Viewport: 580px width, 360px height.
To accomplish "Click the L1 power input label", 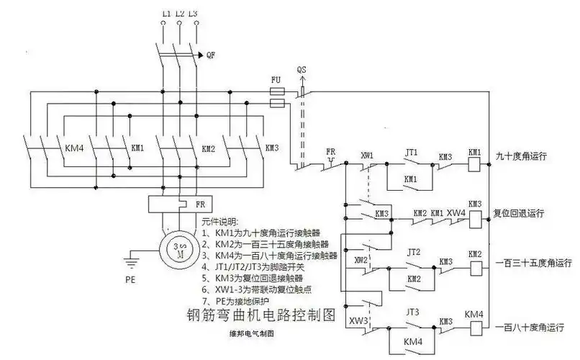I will pyautogui.click(x=166, y=14).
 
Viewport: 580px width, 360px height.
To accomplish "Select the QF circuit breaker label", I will pyautogui.click(x=210, y=55).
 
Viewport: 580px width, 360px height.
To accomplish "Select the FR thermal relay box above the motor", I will pyautogui.click(x=176, y=205).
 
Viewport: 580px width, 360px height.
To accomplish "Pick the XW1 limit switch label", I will pyautogui.click(x=368, y=154).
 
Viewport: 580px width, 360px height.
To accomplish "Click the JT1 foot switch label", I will pyautogui.click(x=412, y=153).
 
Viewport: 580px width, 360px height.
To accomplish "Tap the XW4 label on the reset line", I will pyautogui.click(x=456, y=213).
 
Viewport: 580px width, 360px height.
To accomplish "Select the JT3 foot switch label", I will pyautogui.click(x=413, y=312).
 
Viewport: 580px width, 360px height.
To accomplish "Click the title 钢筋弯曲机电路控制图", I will pyautogui.click(x=251, y=315).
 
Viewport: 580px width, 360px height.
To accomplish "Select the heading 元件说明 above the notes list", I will pyautogui.click(x=219, y=222).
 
